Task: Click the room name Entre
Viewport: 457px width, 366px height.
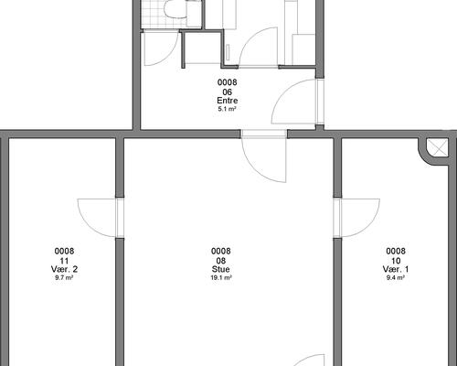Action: (x=228, y=101)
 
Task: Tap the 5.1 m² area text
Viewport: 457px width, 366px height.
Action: (x=228, y=109)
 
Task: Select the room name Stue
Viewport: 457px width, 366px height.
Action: (x=221, y=269)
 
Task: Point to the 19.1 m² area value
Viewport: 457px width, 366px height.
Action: (x=221, y=277)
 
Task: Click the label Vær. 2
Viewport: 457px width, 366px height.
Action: (x=64, y=269)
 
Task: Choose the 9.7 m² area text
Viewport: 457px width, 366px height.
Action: (x=64, y=277)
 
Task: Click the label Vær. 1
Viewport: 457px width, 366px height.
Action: (x=396, y=269)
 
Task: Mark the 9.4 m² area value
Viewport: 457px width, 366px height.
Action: (x=396, y=277)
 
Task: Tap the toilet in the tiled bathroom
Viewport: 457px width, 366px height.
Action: (x=176, y=8)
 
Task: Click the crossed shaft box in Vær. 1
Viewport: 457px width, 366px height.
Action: (x=437, y=148)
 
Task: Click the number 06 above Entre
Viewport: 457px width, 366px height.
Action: (x=228, y=91)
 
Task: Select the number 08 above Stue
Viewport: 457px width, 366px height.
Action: (x=221, y=261)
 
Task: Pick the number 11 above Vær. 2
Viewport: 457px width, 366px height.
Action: (x=64, y=261)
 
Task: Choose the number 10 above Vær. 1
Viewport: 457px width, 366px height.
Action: (x=396, y=261)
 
